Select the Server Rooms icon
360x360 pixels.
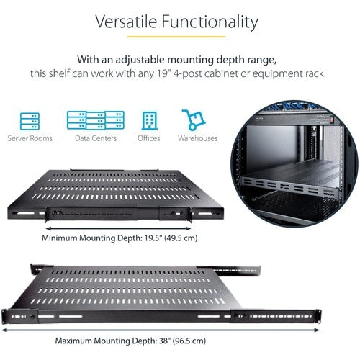tap(30, 119)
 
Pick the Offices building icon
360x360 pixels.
tap(148, 119)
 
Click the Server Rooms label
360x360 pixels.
tap(30, 138)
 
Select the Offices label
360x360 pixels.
tap(148, 138)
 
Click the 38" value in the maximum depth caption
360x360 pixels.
tap(158, 341)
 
